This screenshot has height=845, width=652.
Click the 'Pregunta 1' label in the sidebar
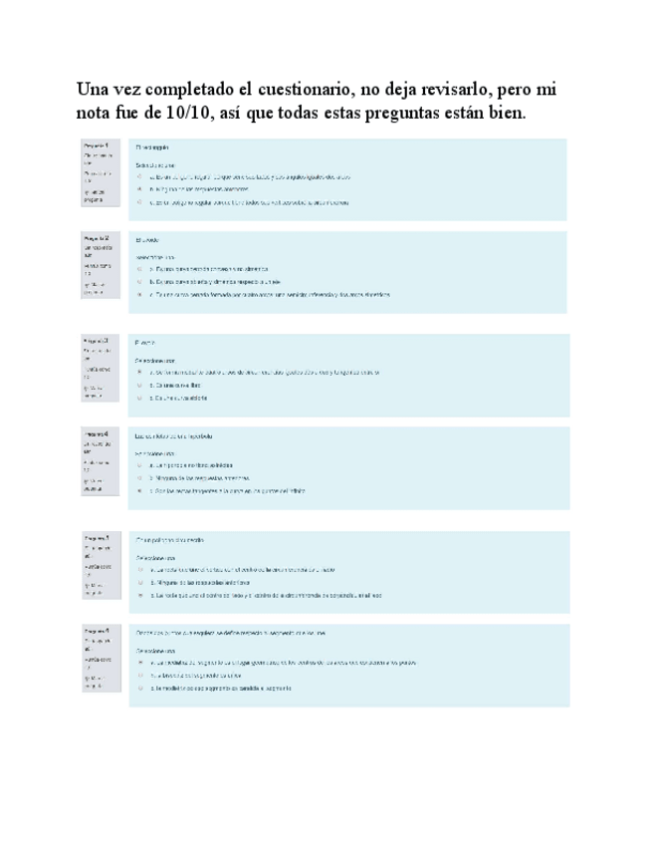click(98, 144)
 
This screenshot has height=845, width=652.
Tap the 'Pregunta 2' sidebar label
click(98, 239)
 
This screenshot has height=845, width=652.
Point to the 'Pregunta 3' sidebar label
click(98, 341)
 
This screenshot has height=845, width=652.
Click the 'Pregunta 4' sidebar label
click(98, 434)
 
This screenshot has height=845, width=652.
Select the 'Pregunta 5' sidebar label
click(98, 537)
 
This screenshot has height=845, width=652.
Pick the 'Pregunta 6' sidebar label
click(98, 632)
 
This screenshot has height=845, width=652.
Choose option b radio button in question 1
click(140, 189)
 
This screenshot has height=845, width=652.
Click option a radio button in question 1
click(140, 177)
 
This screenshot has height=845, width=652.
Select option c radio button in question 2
click(140, 295)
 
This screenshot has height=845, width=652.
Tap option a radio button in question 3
click(140, 373)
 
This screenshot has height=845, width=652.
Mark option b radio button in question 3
click(140, 385)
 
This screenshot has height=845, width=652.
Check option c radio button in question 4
click(140, 490)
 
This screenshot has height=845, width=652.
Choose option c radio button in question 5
click(140, 595)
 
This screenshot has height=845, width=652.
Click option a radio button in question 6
click(140, 662)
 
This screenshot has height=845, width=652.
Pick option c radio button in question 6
click(140, 690)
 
